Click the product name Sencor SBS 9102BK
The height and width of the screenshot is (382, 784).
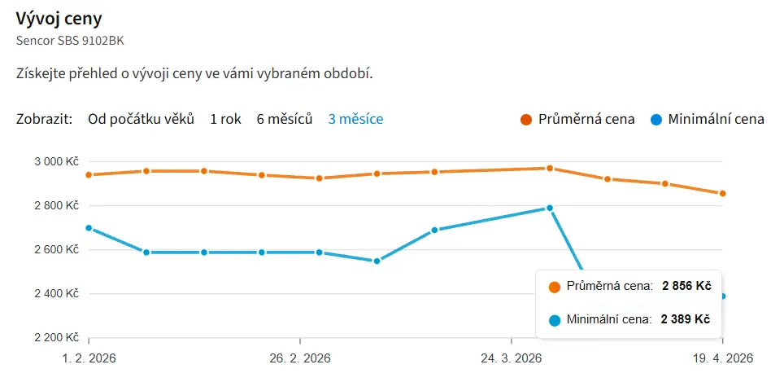(x=70, y=39)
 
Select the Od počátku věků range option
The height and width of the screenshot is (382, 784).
(x=142, y=119)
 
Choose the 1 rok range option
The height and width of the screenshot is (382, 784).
(x=225, y=119)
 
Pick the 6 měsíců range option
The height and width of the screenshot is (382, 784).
(x=285, y=119)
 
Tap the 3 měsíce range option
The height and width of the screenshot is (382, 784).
(x=355, y=119)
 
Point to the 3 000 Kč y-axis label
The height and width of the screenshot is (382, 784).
(x=55, y=161)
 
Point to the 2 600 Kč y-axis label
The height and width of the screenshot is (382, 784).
(x=55, y=249)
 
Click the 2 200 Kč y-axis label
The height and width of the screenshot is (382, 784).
(x=55, y=337)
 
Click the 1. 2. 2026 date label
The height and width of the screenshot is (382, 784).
(x=89, y=358)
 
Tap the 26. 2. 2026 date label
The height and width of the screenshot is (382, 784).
(x=300, y=358)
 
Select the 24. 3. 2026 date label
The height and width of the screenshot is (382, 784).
(x=511, y=358)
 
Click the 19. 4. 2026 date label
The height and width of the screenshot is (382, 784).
(x=722, y=358)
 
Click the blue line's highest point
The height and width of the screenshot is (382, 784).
(x=550, y=208)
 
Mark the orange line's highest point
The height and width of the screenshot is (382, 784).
(x=550, y=168)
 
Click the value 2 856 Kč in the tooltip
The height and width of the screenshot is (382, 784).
(x=686, y=286)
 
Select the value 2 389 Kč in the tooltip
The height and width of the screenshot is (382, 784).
(x=686, y=319)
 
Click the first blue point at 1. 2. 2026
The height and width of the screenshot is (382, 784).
(x=89, y=228)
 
